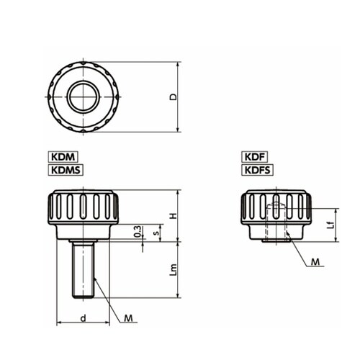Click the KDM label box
pyautogui.click(x=63, y=157)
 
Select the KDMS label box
pyautogui.click(x=66, y=170)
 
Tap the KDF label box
pyautogui.click(x=254, y=157)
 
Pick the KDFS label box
pyautogui.click(x=257, y=170)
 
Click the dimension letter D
pyautogui.click(x=173, y=97)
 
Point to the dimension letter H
pyautogui.click(x=173, y=215)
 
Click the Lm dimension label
pyautogui.click(x=173, y=270)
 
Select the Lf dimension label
pyautogui.click(x=331, y=225)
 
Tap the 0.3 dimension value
pyautogui.click(x=138, y=231)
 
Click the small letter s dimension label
pyautogui.click(x=156, y=233)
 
